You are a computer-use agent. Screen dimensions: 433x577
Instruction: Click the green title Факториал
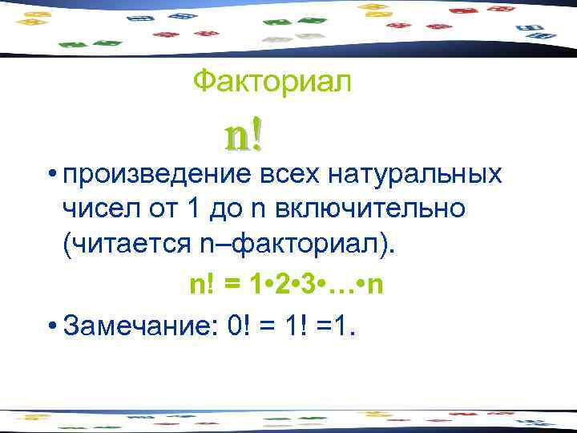click(x=272, y=80)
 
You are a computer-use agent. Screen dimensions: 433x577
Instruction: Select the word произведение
click(x=158, y=175)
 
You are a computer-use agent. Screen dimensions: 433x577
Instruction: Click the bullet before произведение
click(x=50, y=176)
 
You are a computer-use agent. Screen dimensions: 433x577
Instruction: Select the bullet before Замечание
click(x=50, y=326)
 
